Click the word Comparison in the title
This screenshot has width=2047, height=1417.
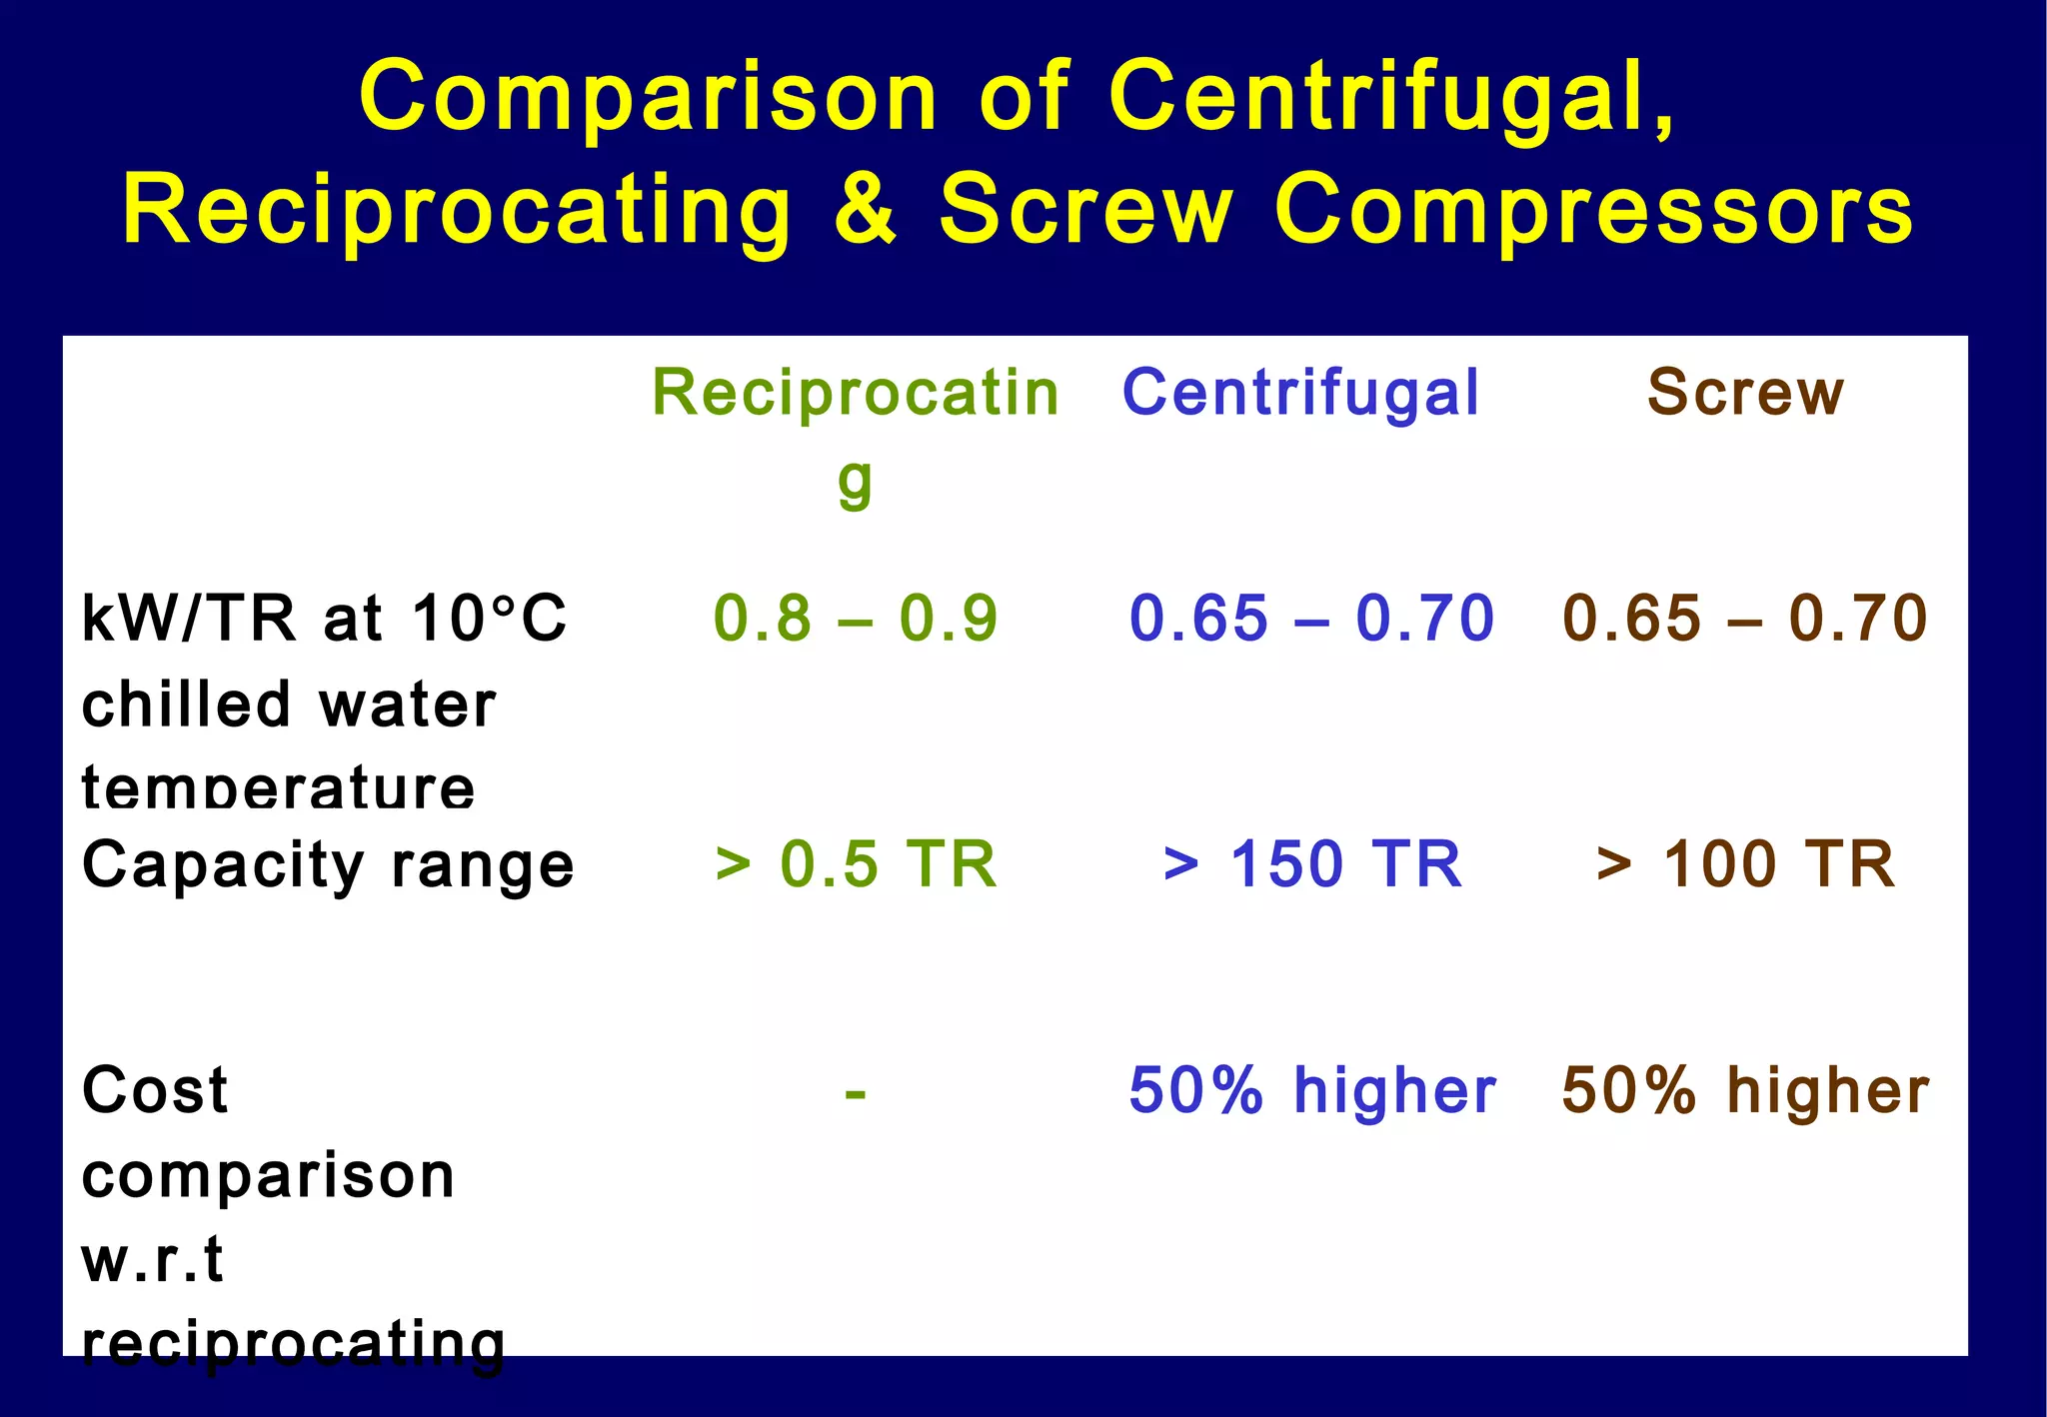(x=648, y=98)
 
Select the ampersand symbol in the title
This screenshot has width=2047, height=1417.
(x=866, y=209)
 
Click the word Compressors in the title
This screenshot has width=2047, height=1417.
(x=1593, y=211)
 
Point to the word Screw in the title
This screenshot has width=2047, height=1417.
(x=1086, y=209)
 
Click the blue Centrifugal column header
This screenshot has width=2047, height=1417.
(x=1300, y=392)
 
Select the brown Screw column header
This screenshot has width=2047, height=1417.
(x=1745, y=392)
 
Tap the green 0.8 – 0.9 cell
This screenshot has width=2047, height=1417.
(x=856, y=618)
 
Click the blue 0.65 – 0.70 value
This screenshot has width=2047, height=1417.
(x=1311, y=618)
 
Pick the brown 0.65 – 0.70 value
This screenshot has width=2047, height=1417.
(x=1745, y=618)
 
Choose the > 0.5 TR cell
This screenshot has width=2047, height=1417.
(x=856, y=863)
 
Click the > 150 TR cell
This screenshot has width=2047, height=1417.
(x=1312, y=863)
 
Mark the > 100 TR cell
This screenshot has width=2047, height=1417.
(x=1745, y=863)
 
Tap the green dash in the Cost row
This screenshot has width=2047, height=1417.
(x=855, y=1093)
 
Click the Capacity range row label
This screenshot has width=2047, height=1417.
(x=328, y=865)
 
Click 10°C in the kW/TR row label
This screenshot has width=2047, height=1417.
(x=489, y=618)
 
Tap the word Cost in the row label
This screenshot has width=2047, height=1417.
(x=155, y=1089)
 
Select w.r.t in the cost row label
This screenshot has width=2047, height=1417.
(x=152, y=1259)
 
